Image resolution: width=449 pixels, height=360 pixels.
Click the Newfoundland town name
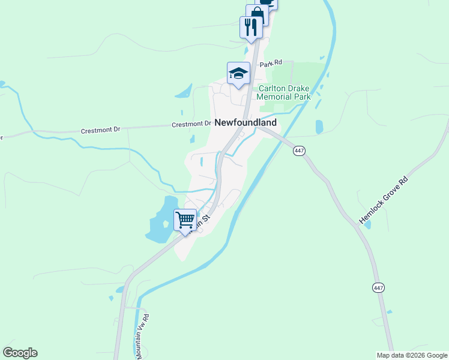[246, 122]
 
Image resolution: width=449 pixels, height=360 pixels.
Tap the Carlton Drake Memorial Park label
[284, 92]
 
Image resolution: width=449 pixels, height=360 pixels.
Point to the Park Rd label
[271, 63]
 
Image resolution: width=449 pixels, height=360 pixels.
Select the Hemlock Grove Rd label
[382, 201]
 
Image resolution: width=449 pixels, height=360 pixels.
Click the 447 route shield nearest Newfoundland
[299, 151]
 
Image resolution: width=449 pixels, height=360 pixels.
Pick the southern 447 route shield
[378, 288]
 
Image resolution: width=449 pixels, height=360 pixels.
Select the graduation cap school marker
[238, 73]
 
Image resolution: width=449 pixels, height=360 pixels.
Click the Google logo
[20, 353]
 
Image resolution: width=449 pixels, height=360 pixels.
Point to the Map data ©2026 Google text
[412, 355]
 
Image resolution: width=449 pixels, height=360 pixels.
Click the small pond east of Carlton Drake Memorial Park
[319, 127]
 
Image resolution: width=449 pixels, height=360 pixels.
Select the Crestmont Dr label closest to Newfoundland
[191, 124]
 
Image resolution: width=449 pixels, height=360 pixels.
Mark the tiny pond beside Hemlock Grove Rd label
[367, 226]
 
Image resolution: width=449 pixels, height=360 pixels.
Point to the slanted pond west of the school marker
[183, 91]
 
